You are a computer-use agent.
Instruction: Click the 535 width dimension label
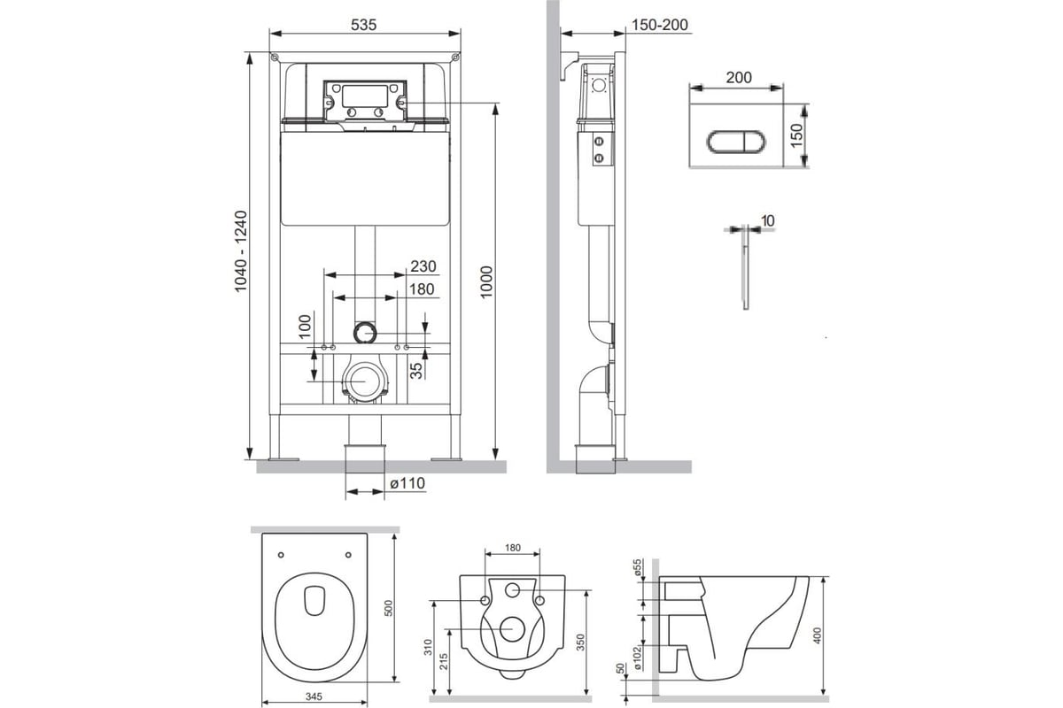pyautogui.click(x=363, y=25)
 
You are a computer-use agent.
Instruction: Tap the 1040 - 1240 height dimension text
pyautogui.click(x=241, y=250)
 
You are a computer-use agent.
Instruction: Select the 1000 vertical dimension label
pyautogui.click(x=486, y=282)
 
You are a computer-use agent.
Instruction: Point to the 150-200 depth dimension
pyautogui.click(x=660, y=25)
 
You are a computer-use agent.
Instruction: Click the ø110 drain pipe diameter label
pyautogui.click(x=407, y=483)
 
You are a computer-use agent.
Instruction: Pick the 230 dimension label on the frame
pyautogui.click(x=423, y=266)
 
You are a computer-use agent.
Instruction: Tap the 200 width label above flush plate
pyautogui.click(x=739, y=77)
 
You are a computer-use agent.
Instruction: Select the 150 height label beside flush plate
pyautogui.click(x=796, y=135)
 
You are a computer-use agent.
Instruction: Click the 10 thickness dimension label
pyautogui.click(x=767, y=220)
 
